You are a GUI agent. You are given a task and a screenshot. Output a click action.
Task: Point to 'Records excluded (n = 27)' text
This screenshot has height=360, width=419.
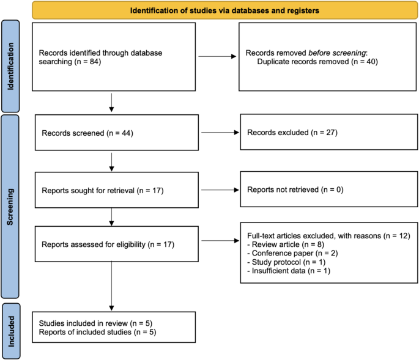(x=284, y=132)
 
